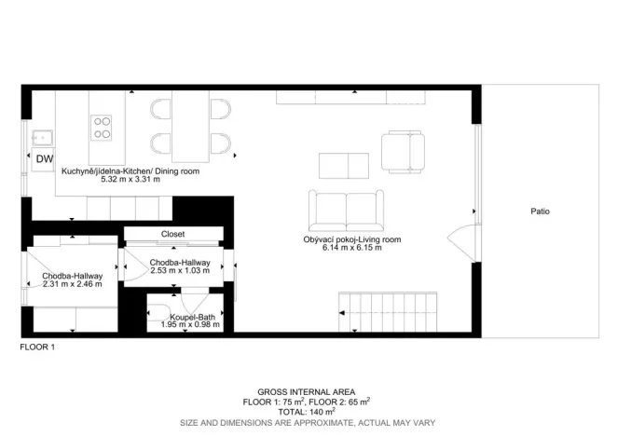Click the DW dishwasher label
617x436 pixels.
coord(45,159)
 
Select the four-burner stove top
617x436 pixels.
coord(101,127)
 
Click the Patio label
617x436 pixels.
coord(541,211)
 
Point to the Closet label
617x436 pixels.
coord(173,234)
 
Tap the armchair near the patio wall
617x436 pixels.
coord(404,148)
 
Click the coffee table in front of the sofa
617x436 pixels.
coord(344,165)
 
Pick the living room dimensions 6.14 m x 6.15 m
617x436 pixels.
coord(351,248)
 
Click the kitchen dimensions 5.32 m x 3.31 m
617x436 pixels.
coord(130,179)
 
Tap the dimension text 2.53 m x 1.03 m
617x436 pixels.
coord(180,271)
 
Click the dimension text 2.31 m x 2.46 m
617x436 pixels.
coord(72,283)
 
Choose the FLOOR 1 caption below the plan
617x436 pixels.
coord(38,347)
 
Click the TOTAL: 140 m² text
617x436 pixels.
coord(307,411)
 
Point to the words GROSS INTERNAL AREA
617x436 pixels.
coord(307,392)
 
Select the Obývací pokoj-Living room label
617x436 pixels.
coord(351,240)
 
